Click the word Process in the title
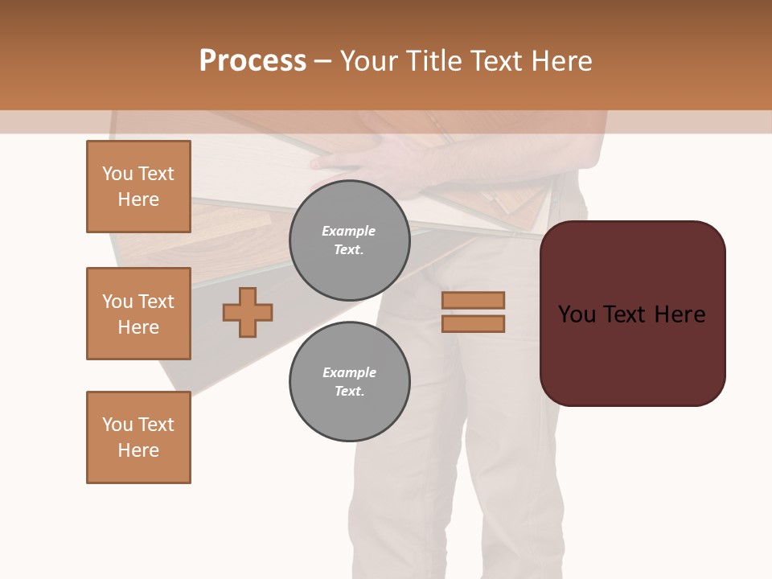point(253,61)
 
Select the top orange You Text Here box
point(138,187)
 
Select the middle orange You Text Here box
point(138,314)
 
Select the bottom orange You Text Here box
point(138,437)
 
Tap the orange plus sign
point(248,312)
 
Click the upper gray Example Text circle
point(349,240)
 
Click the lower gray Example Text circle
point(349,382)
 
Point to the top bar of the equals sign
point(473,300)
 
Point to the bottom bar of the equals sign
point(473,323)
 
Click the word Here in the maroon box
point(680,314)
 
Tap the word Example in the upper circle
point(349,231)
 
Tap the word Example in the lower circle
point(349,372)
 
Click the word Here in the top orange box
point(138,199)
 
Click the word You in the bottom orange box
point(117,425)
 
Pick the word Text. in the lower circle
point(349,392)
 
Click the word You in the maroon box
point(577,314)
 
